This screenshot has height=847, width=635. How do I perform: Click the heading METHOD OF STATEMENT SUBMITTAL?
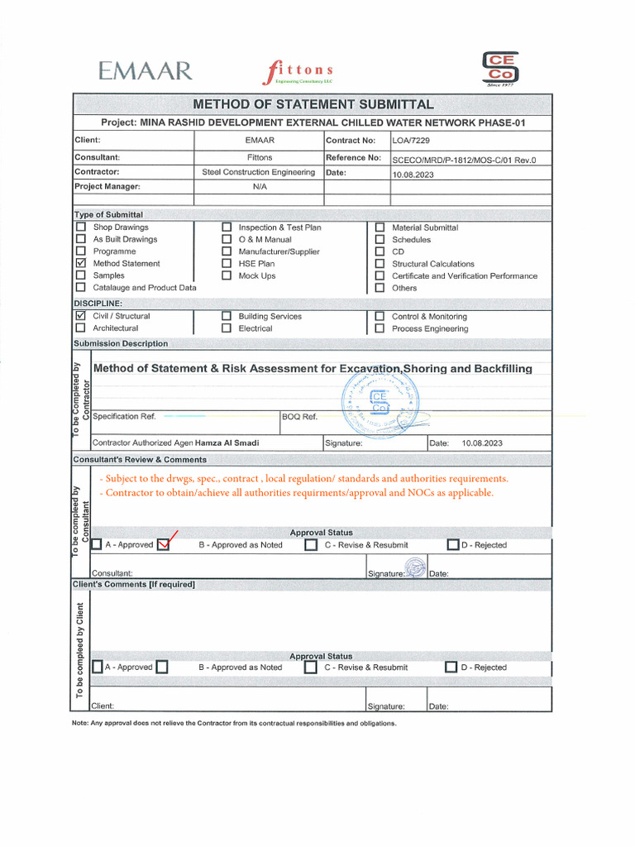coord(313,104)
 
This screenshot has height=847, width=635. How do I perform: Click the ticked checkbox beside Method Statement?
coord(81,264)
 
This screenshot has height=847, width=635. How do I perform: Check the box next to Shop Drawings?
coord(81,227)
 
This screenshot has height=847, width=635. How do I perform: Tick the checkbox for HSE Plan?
coord(227,264)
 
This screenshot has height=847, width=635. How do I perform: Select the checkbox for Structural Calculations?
coord(380,264)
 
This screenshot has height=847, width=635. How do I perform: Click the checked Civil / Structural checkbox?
coord(81,316)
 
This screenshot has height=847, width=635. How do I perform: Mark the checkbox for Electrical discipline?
coord(227,328)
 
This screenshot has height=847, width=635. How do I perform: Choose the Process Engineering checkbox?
coord(380,328)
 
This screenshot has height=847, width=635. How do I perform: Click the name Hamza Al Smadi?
coord(227,443)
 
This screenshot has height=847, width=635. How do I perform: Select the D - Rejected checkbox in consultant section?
coord(452,545)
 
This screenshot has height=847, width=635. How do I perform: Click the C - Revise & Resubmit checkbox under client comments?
coord(311,668)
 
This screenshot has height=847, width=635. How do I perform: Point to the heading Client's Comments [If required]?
coord(135,585)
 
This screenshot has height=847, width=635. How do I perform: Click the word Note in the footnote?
coord(81,723)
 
